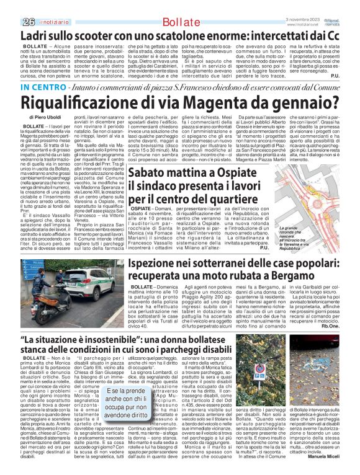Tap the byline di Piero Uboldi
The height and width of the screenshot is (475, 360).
point(45,117)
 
